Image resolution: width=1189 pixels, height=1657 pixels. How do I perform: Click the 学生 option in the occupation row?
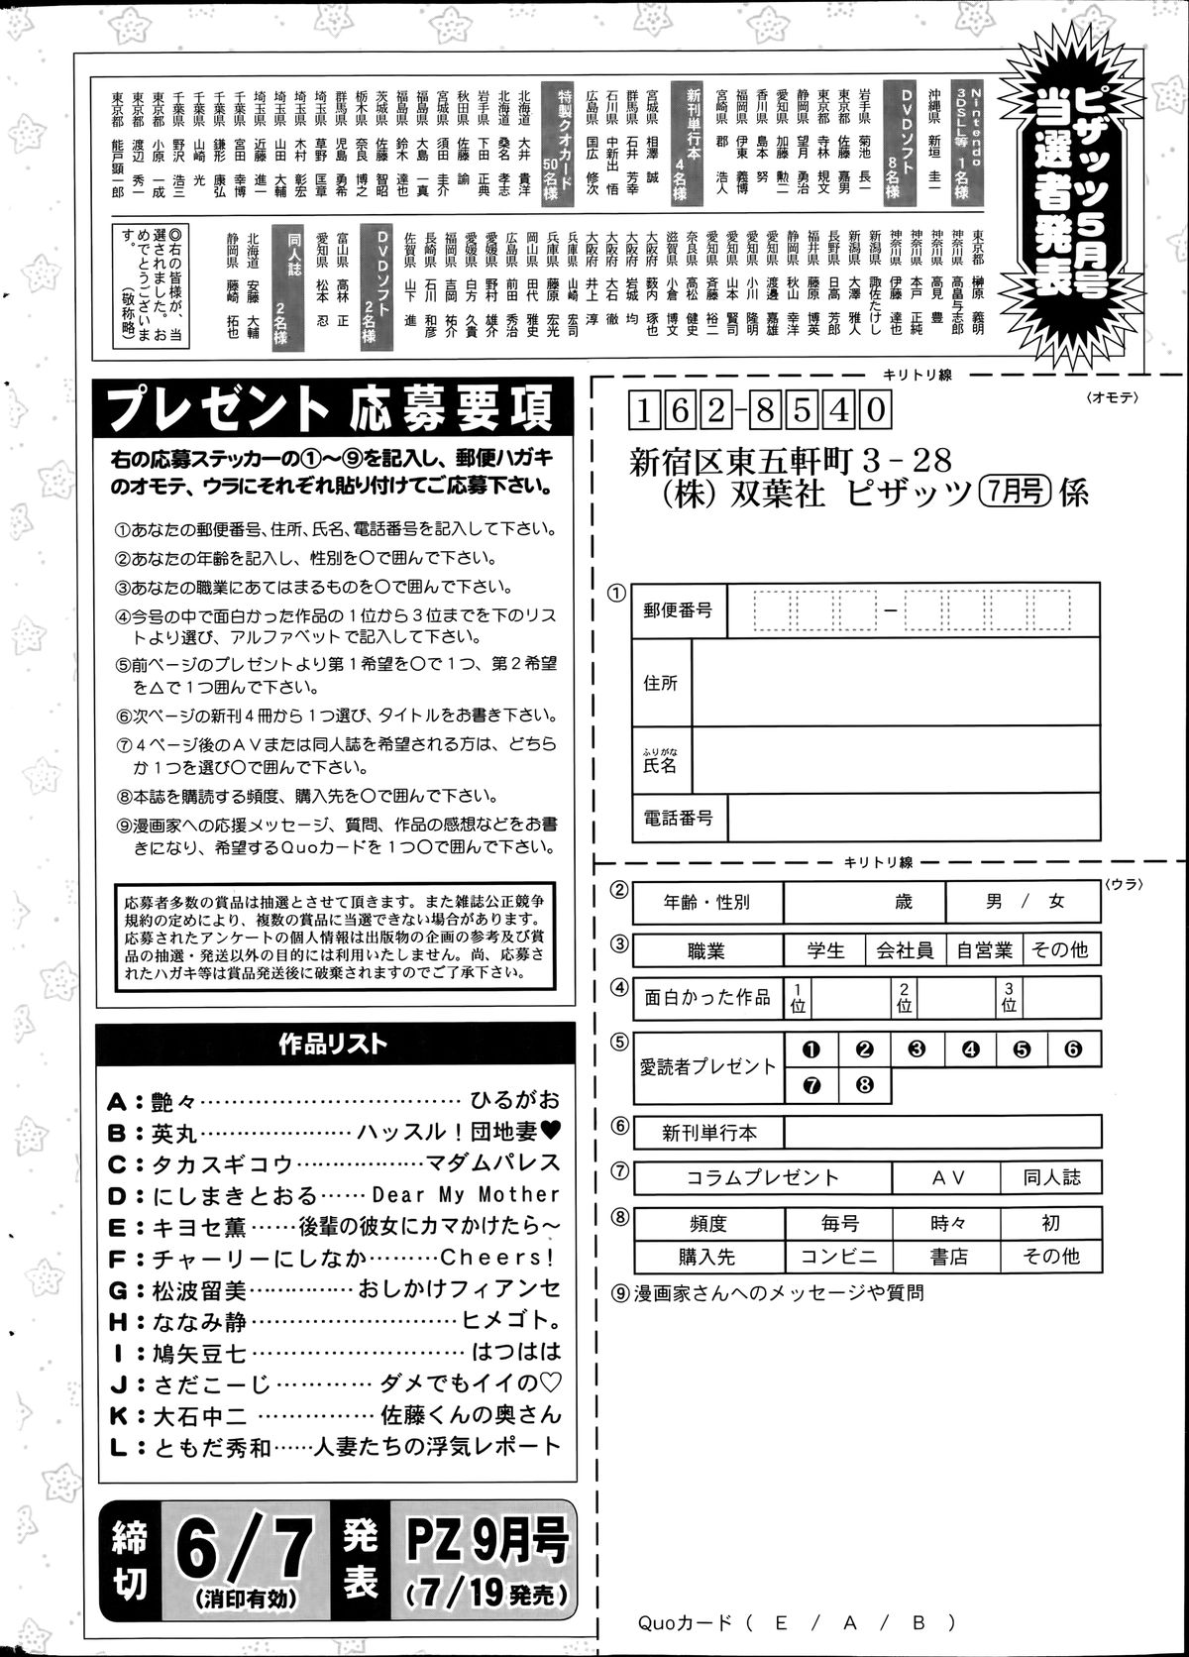click(x=824, y=950)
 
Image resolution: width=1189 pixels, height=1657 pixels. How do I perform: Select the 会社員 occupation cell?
click(x=904, y=950)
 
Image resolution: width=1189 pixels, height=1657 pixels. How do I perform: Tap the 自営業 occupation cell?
click(x=984, y=950)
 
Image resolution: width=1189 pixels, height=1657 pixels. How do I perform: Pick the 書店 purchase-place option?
click(x=948, y=1257)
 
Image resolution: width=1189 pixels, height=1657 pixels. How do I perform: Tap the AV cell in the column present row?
click(x=948, y=1177)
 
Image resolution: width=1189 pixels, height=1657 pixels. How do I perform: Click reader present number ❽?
click(x=864, y=1084)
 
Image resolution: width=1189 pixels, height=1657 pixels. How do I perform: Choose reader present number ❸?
click(x=917, y=1049)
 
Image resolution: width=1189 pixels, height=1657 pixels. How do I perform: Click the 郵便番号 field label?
click(x=678, y=610)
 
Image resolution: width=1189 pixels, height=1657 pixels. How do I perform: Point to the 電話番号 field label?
click(x=678, y=818)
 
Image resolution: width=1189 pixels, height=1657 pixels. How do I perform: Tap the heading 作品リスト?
click(x=334, y=1044)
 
